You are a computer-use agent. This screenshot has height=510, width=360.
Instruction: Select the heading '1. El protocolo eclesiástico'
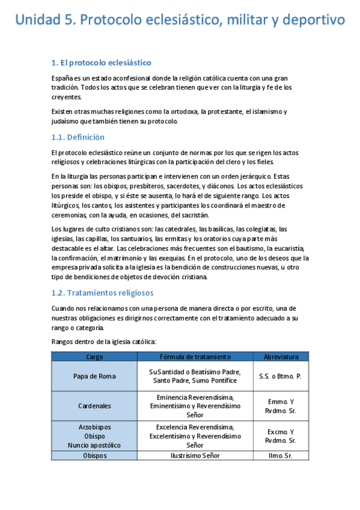[101, 63]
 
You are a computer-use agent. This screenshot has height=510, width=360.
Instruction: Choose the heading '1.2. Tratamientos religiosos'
[102, 293]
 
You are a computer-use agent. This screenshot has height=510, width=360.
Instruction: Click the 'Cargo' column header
[94, 357]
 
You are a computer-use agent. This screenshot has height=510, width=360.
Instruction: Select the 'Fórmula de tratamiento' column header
[195, 357]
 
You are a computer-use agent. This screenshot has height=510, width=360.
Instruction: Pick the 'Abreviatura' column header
[280, 357]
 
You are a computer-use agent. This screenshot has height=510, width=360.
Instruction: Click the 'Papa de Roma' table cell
[94, 376]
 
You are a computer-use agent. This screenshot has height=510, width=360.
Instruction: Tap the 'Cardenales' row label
[94, 406]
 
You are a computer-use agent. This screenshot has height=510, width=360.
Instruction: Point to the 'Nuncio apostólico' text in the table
[94, 445]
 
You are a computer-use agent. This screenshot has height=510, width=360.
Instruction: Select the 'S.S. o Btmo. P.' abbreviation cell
[280, 376]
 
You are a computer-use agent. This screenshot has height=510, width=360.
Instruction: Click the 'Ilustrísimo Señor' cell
[195, 455]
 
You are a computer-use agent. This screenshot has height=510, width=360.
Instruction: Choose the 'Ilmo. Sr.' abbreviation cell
[280, 455]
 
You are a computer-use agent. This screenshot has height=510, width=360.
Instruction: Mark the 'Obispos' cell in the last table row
[94, 455]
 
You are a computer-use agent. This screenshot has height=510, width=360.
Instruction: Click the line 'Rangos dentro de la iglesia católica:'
[104, 342]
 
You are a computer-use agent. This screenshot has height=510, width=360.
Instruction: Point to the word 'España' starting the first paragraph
[63, 78]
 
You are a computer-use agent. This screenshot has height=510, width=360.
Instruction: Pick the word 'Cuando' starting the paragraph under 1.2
[64, 308]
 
